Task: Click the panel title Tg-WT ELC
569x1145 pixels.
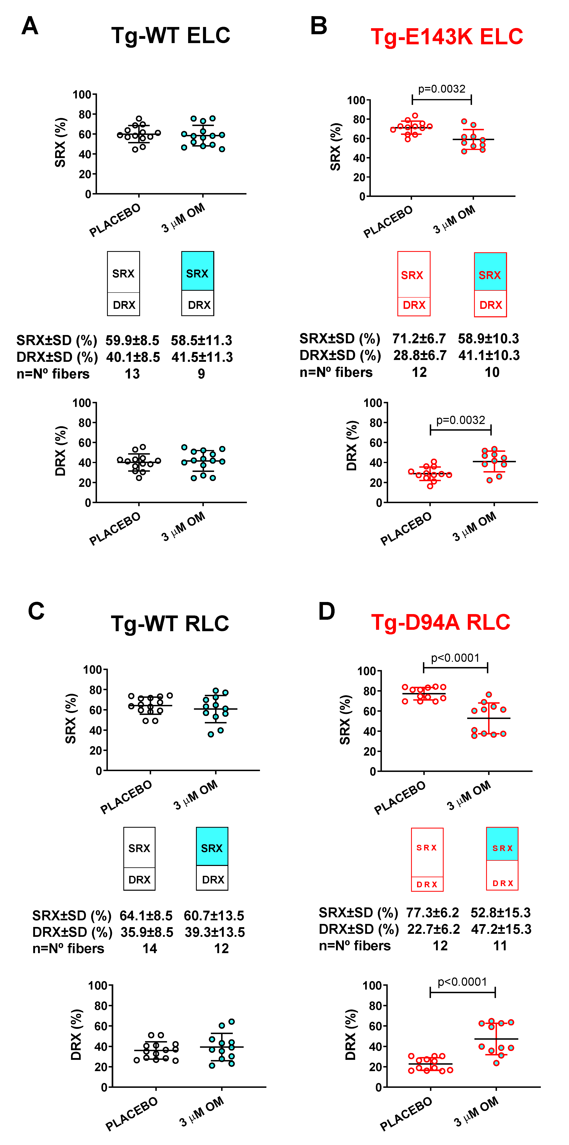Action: point(171,36)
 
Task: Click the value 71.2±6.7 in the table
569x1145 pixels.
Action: point(419,339)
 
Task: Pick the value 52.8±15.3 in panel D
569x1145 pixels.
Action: point(501,912)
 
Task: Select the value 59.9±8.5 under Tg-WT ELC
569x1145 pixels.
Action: point(132,340)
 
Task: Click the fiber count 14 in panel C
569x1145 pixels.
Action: point(150,948)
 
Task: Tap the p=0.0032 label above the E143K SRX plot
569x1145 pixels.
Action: point(441,89)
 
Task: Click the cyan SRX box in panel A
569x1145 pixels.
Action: point(198,271)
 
